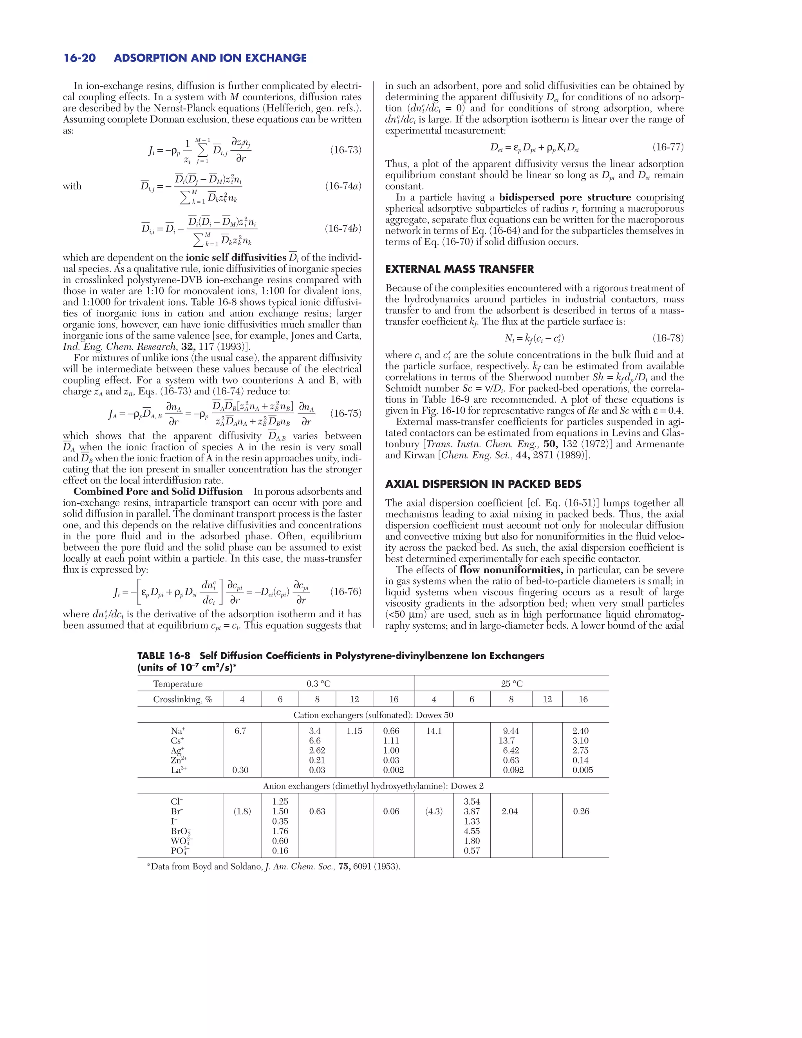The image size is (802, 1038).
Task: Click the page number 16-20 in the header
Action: [x=79, y=58]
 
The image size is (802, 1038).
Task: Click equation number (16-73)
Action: [x=345, y=150]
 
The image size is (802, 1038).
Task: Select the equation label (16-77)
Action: [x=668, y=147]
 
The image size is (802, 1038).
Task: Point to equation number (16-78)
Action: [x=668, y=338]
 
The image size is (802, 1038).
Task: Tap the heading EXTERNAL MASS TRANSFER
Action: [x=459, y=269]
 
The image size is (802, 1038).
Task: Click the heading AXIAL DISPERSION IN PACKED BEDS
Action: [x=483, y=484]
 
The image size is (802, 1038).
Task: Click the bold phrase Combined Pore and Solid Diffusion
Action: [x=158, y=492]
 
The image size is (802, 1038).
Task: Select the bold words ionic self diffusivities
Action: [x=236, y=258]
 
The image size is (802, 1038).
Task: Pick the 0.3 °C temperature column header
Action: [x=318, y=684]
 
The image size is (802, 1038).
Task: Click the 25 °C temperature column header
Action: [x=512, y=684]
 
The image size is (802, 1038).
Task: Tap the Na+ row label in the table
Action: [x=178, y=731]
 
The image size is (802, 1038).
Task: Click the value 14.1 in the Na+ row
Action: [x=434, y=731]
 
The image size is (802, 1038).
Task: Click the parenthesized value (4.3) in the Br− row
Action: [x=434, y=811]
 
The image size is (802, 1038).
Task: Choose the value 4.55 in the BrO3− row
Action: [x=472, y=831]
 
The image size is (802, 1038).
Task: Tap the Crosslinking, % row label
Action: [x=182, y=699]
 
